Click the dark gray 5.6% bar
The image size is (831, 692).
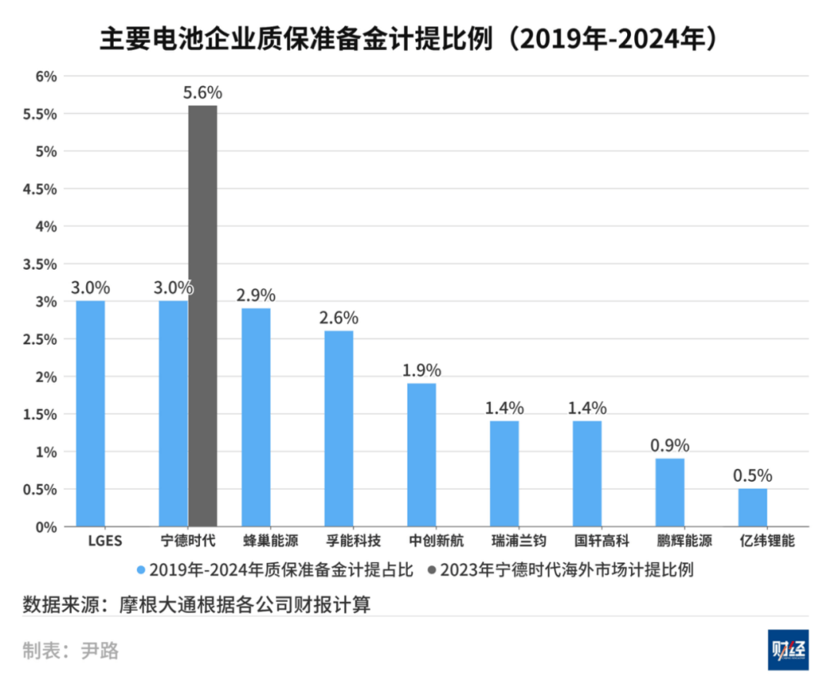click(x=202, y=315)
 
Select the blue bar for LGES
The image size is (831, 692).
click(x=90, y=414)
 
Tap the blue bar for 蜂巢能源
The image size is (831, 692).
click(x=256, y=418)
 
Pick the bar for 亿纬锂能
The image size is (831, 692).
click(x=753, y=507)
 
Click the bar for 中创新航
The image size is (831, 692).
click(x=422, y=454)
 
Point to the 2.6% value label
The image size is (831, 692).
click(x=339, y=318)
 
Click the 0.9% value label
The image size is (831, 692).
click(x=670, y=445)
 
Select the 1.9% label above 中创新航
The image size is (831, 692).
click(x=422, y=370)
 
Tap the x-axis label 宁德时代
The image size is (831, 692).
click(x=188, y=541)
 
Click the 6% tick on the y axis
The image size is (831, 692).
click(x=48, y=76)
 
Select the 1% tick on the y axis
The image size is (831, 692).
click(x=48, y=452)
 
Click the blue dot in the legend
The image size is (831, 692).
click(x=141, y=570)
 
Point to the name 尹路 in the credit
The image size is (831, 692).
click(x=100, y=650)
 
